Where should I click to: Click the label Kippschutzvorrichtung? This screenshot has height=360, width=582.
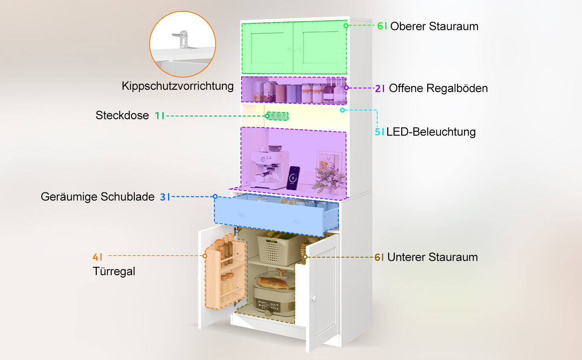(x=178, y=86)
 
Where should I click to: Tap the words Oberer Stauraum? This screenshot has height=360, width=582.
(x=434, y=26)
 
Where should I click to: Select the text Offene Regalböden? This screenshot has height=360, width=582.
(x=438, y=88)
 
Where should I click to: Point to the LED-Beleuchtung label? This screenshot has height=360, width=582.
(x=431, y=132)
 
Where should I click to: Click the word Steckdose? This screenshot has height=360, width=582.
(x=122, y=115)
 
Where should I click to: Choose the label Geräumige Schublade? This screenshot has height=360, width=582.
(x=98, y=197)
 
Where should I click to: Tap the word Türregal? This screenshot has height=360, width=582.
(x=114, y=272)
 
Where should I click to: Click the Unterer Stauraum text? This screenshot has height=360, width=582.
(x=433, y=257)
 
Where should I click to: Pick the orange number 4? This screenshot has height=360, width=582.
(x=96, y=257)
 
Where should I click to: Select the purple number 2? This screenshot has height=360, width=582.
(x=378, y=88)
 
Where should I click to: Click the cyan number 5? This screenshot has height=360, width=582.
(x=378, y=132)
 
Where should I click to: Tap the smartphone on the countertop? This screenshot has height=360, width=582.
(x=293, y=178)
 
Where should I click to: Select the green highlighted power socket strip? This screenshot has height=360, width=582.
(x=278, y=116)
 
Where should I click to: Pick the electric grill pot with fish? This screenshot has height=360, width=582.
(x=274, y=292)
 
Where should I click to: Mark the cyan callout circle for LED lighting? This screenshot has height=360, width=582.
(x=342, y=110)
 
